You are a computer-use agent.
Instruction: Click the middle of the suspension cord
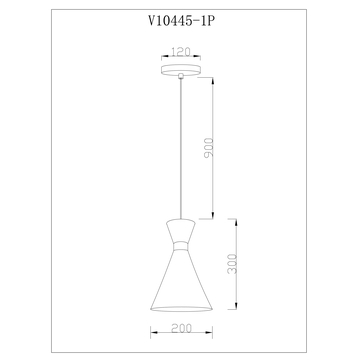point(180,150)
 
